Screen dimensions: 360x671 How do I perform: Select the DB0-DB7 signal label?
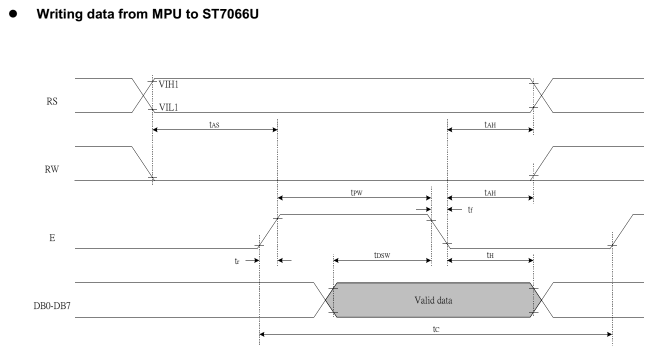coord(43,300)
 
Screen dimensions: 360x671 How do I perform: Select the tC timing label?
coord(435,330)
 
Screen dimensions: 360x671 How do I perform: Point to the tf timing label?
coord(469,210)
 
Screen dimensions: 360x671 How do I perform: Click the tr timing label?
coord(237,261)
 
